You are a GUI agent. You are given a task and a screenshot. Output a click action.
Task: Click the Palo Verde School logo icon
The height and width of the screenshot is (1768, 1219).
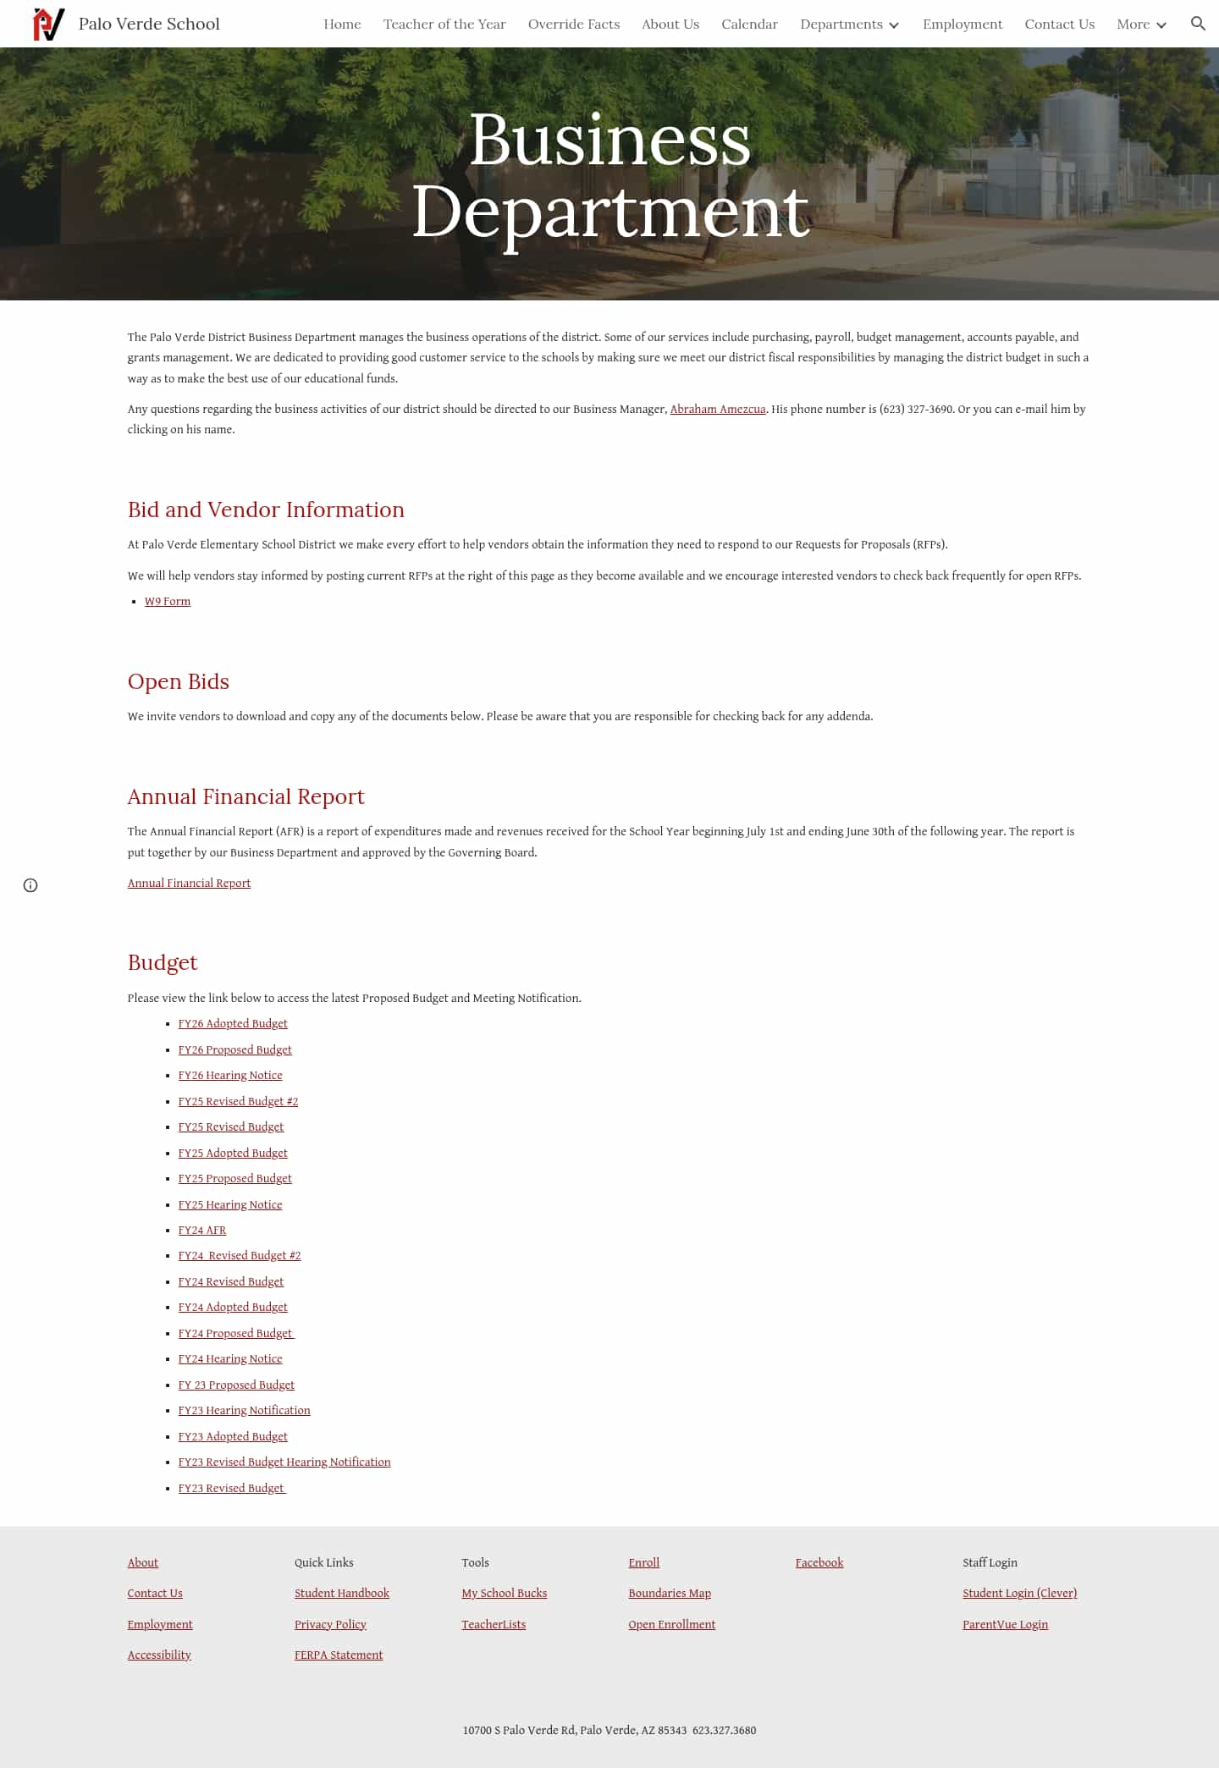[48, 24]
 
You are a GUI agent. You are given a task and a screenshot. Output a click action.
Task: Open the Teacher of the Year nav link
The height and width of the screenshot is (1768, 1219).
[444, 25]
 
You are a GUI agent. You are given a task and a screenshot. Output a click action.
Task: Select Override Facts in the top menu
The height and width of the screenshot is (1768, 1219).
[573, 25]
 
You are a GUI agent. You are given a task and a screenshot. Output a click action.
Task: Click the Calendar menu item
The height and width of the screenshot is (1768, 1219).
[749, 25]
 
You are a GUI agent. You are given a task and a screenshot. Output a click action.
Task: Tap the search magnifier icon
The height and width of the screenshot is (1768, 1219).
[1197, 24]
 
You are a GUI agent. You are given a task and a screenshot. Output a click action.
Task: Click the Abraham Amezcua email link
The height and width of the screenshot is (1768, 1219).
[717, 410]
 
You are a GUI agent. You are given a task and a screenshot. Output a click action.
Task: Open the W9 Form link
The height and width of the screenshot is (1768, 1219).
[168, 602]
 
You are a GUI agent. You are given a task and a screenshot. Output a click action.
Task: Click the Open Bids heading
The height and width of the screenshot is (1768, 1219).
[178, 681]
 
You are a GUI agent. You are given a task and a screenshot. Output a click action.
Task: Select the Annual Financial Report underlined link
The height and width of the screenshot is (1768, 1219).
[189, 884]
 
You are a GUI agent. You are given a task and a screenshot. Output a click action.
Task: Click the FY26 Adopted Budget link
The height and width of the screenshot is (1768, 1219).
[233, 1024]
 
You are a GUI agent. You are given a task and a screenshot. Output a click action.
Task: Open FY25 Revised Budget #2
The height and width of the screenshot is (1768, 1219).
[238, 1102]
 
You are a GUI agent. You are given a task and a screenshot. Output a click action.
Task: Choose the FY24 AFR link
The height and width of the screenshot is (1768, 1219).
[202, 1231]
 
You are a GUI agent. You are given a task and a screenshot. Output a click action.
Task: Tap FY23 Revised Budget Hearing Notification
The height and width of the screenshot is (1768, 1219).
[284, 1462]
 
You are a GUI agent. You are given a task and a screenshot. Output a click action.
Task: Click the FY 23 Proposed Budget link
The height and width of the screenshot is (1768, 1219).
[236, 1385]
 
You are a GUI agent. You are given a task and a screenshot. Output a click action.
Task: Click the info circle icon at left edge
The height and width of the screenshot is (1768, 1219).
[30, 885]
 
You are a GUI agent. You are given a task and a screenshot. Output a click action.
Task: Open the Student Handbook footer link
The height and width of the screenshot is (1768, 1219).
[341, 1594]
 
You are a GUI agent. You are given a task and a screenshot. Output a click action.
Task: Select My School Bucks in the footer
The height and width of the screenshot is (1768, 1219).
[504, 1594]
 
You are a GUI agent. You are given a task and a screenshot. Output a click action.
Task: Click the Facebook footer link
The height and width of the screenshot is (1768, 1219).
[819, 1563]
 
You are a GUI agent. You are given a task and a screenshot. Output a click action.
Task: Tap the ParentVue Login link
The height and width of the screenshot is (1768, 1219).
[1005, 1625]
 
